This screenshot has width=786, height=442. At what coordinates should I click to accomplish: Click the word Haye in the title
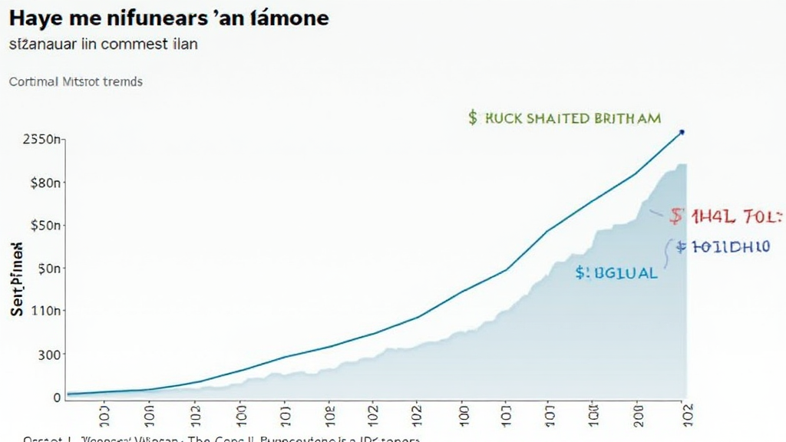click(x=36, y=18)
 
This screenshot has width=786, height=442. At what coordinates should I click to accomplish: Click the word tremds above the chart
click(x=122, y=81)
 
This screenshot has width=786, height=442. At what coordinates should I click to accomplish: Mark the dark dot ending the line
click(x=682, y=132)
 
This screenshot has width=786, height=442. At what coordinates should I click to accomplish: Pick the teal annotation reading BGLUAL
click(x=616, y=272)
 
